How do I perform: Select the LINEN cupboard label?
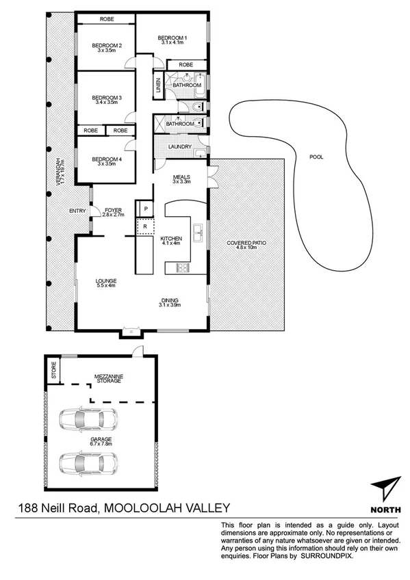point(158,85)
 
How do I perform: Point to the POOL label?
point(316,157)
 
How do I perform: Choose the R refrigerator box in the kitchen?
point(145,226)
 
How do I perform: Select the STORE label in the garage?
point(53,373)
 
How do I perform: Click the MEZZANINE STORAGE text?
point(108,378)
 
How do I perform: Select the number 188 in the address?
point(29,507)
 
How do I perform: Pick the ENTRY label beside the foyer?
point(77,211)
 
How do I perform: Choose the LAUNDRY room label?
point(179,146)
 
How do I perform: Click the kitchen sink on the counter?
point(198,233)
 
